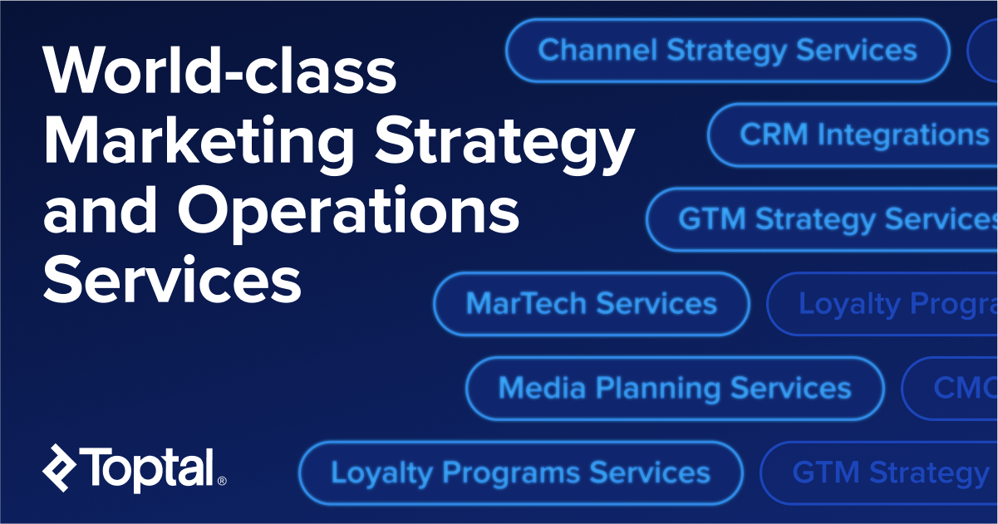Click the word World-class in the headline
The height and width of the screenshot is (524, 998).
[x=220, y=71]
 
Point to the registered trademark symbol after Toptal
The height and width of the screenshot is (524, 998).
[x=222, y=480]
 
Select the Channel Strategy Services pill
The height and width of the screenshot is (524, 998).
[x=727, y=51]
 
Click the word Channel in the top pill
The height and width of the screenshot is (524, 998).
[x=597, y=51]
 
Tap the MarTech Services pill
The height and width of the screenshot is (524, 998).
[x=591, y=304]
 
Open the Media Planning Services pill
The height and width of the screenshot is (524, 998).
[x=674, y=389]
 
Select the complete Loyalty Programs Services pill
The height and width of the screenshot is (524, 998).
[x=520, y=473]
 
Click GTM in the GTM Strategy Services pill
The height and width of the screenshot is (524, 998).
[x=711, y=219]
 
